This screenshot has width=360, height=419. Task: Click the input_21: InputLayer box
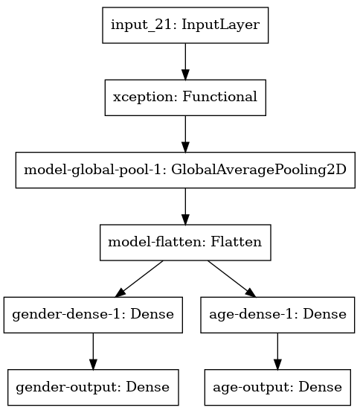click(x=184, y=25)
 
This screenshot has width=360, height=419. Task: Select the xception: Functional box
click(x=184, y=97)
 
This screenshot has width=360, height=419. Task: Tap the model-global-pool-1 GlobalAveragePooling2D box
click(x=184, y=169)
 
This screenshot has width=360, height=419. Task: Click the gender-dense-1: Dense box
click(x=92, y=314)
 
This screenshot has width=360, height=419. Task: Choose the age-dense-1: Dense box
click(x=277, y=314)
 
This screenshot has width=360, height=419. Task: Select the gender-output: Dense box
click(x=92, y=387)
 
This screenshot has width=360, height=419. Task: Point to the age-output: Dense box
click(x=277, y=387)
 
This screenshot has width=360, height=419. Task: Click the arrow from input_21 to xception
click(x=184, y=60)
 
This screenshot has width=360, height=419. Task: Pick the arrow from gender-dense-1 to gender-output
click(x=92, y=351)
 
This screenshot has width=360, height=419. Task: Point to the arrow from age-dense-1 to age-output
click(x=277, y=351)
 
